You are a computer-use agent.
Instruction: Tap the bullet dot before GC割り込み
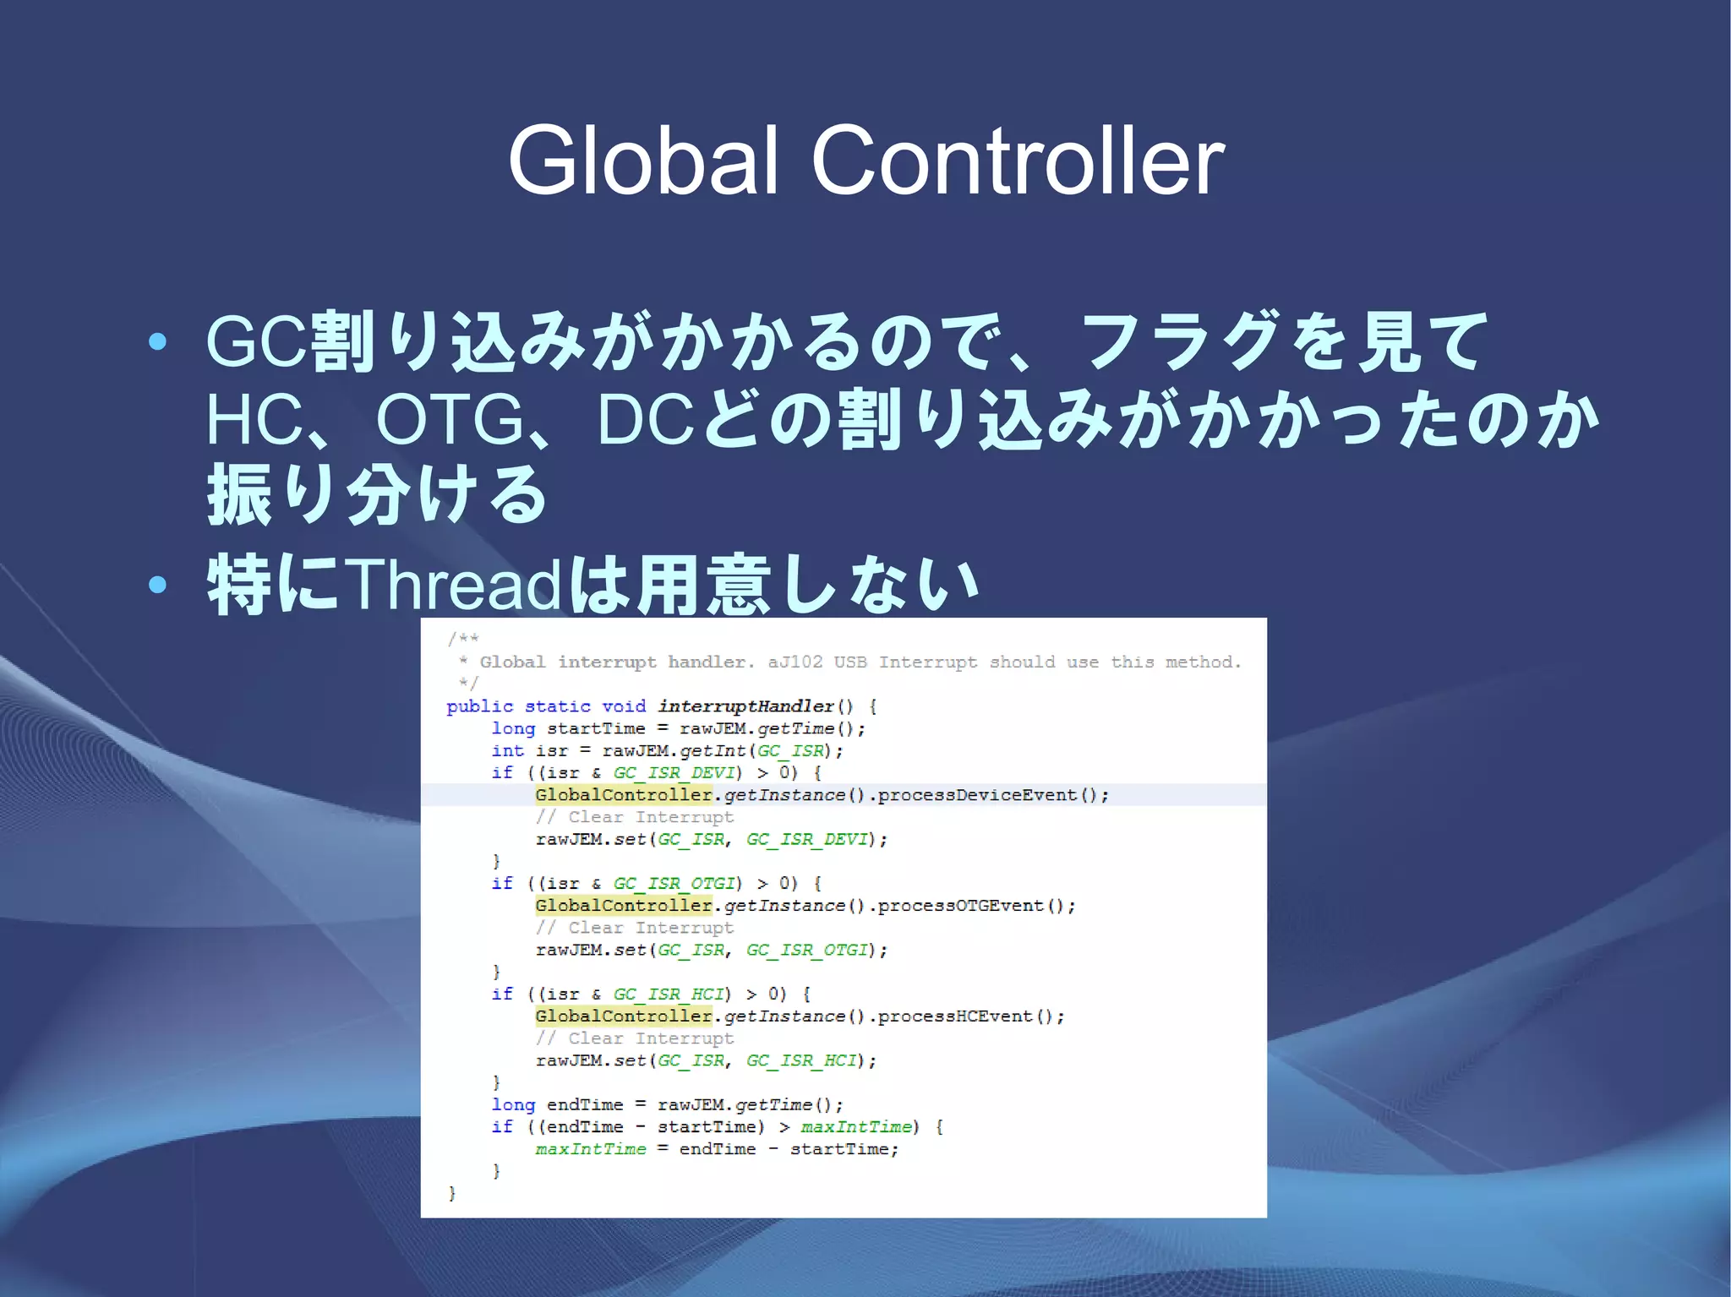157,341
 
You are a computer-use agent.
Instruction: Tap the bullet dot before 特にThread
157,584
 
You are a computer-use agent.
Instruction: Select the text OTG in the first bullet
450,420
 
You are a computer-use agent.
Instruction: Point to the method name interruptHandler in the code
745,706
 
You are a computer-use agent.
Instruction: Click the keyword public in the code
479,706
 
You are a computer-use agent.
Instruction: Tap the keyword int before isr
507,750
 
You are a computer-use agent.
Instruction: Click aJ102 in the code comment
795,662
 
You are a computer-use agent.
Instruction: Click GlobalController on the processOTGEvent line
624,906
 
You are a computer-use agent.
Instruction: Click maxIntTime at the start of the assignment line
590,1149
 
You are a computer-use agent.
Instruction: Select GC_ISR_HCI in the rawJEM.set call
800,1060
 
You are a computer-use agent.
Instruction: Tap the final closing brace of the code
451,1193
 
